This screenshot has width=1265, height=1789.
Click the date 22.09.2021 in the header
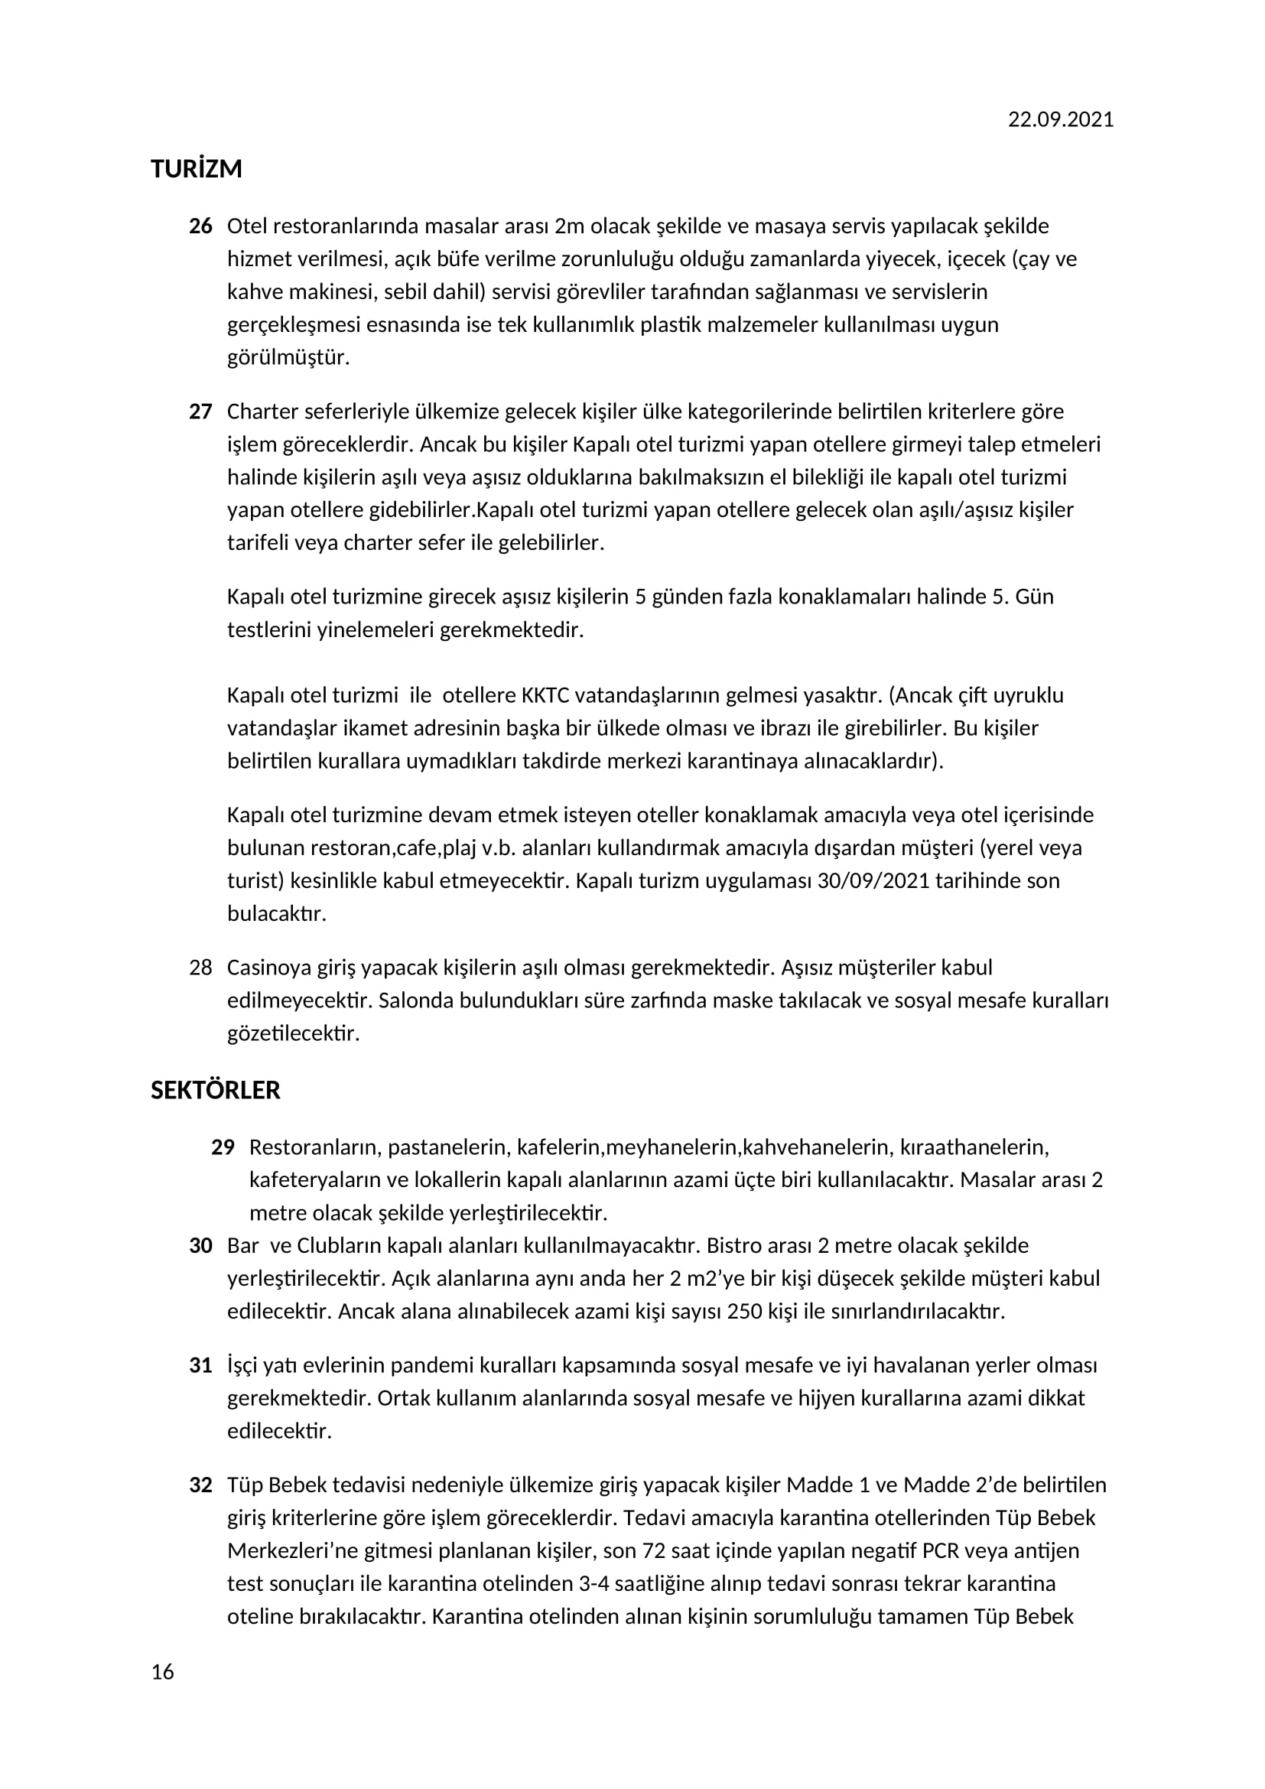[x=1060, y=120]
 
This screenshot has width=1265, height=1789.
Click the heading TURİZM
[x=197, y=169]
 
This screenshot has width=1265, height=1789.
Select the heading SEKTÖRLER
[x=215, y=1090]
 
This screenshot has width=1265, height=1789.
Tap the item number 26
[x=200, y=226]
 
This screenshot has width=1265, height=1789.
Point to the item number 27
[x=200, y=411]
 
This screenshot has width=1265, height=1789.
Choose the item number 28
[x=200, y=968]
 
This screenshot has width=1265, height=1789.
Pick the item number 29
[x=223, y=1147]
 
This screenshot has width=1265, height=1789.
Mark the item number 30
[x=200, y=1245]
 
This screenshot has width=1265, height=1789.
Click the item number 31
[x=200, y=1365]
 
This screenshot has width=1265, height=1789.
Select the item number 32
[x=200, y=1485]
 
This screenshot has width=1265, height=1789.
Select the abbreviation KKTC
[x=546, y=695]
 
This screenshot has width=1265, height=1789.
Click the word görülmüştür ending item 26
[x=288, y=358]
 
